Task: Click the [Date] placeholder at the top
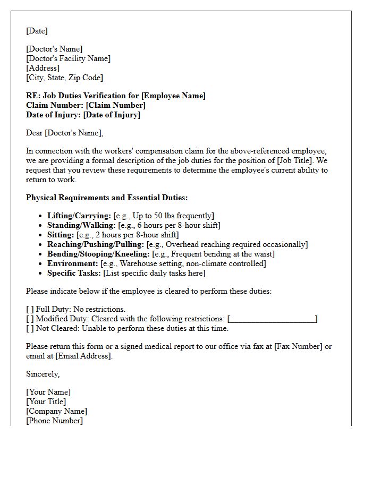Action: click(37, 31)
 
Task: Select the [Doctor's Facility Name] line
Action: click(69, 58)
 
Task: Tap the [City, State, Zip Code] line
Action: click(64, 78)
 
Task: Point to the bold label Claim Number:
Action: click(55, 105)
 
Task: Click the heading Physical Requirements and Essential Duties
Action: click(107, 198)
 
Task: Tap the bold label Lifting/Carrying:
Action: click(79, 216)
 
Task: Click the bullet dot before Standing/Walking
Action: click(41, 225)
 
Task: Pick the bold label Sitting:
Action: click(61, 235)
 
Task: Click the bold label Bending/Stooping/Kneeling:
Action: click(98, 254)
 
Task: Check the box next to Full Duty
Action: click(30, 309)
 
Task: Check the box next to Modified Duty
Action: click(30, 319)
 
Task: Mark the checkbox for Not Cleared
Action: click(30, 328)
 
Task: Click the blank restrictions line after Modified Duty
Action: click(272, 319)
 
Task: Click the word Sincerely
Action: click(43, 374)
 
